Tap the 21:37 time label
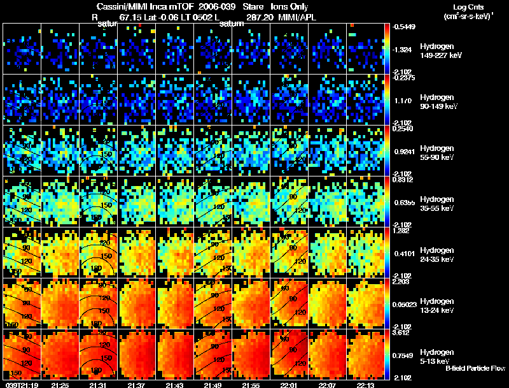click(x=137, y=385)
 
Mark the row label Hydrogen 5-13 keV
click(x=435, y=356)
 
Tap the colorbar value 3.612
click(x=404, y=332)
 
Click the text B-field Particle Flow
click(x=475, y=368)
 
